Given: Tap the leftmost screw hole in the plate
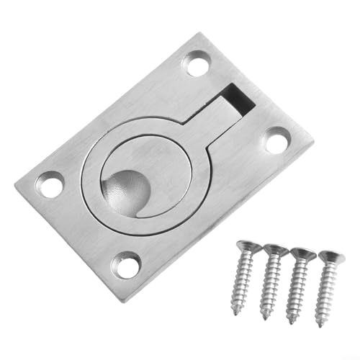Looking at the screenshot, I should tap(50, 186).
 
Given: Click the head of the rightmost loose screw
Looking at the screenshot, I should tap(330, 257).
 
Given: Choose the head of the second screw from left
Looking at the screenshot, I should tap(275, 251).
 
